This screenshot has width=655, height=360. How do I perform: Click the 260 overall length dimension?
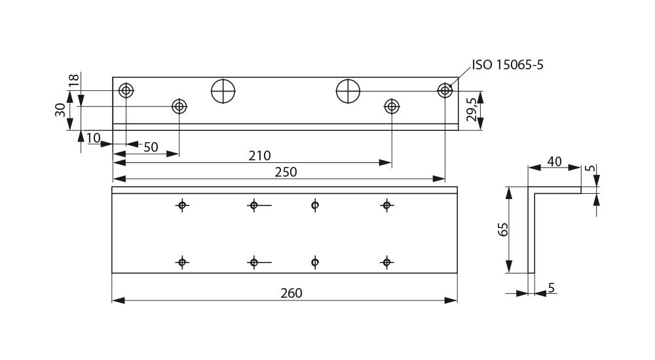[291, 293]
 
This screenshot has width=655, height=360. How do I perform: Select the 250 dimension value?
[286, 172]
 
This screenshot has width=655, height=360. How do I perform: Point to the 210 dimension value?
[259, 156]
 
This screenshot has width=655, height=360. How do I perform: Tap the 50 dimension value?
[151, 147]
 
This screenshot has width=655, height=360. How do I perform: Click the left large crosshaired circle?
[223, 91]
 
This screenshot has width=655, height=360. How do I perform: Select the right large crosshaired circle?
[348, 91]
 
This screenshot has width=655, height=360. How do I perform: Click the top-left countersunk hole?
[126, 90]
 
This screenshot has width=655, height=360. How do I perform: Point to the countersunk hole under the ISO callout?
[445, 90]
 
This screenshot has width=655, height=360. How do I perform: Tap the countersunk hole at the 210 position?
[392, 106]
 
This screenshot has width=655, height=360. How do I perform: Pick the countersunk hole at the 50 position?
[179, 106]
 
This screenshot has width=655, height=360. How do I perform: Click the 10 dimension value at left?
[92, 137]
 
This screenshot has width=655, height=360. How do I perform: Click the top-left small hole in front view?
[183, 206]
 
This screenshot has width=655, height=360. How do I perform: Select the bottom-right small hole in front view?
[386, 262]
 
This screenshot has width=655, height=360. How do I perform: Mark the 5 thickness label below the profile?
[552, 287]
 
